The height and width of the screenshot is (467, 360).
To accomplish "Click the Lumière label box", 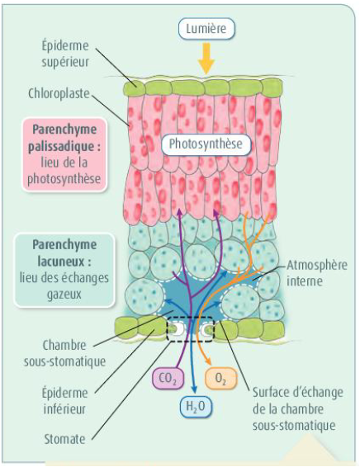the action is pyautogui.click(x=206, y=29).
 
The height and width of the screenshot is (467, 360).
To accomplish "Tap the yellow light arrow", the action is pyautogui.click(x=206, y=59).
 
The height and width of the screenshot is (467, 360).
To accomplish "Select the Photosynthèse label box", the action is pyautogui.click(x=206, y=144).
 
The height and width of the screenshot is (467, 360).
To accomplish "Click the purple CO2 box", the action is pyautogui.click(x=168, y=378).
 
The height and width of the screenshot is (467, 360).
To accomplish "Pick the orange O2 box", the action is pyautogui.click(x=220, y=378).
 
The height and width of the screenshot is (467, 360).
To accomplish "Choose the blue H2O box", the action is pyautogui.click(x=196, y=406).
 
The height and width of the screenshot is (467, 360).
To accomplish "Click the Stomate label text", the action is pyautogui.click(x=64, y=439).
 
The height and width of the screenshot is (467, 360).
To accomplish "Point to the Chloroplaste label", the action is pyautogui.click(x=59, y=93).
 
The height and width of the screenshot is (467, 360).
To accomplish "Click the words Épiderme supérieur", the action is pyautogui.click(x=65, y=54).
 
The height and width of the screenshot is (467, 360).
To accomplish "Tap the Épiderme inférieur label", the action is pyautogui.click(x=65, y=401).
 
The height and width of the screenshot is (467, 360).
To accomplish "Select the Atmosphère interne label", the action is pyautogui.click(x=317, y=273).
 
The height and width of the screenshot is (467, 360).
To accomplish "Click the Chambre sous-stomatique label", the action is pyautogui.click(x=64, y=353).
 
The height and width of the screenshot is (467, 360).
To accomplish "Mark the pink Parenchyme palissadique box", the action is pyautogui.click(x=64, y=154).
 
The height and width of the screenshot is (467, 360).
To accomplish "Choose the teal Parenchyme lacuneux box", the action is pyautogui.click(x=64, y=270).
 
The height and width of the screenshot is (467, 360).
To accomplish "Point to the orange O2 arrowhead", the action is pyautogui.click(x=209, y=361).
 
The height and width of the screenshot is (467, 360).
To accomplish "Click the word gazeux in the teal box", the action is pyautogui.click(x=64, y=295).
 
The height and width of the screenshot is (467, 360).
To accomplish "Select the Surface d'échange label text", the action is pyautogui.click(x=298, y=409).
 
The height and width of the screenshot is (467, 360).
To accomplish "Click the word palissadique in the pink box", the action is pyautogui.click(x=64, y=147).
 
